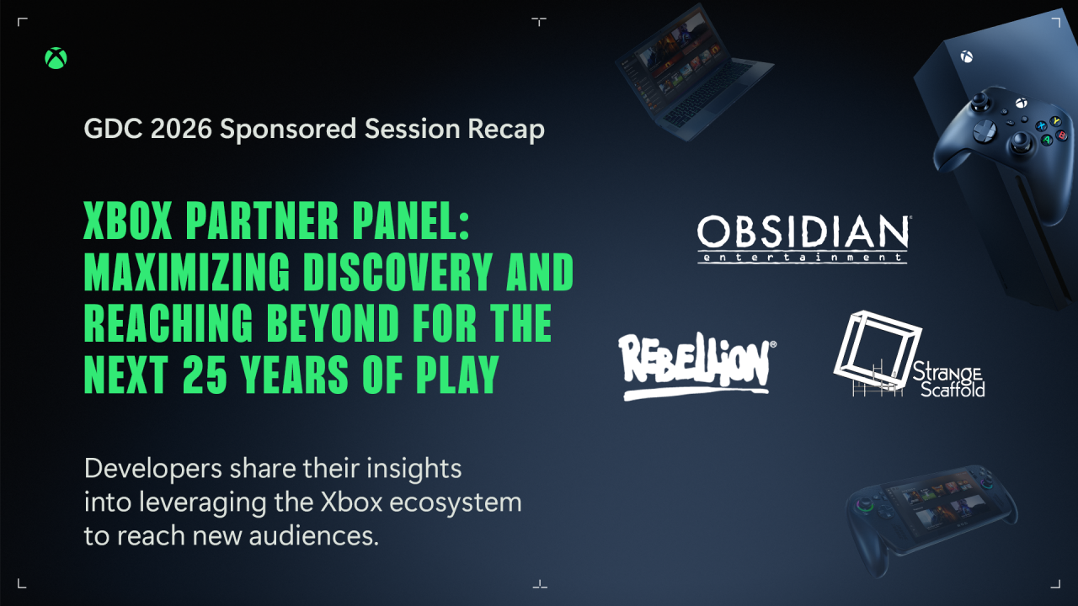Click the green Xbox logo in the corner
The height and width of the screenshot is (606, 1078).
[56, 58]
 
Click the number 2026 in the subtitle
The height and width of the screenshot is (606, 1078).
[186, 129]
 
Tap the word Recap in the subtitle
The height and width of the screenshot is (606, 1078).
[504, 130]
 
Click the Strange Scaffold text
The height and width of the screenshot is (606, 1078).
[948, 380]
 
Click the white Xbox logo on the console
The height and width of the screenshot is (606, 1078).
[966, 57]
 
